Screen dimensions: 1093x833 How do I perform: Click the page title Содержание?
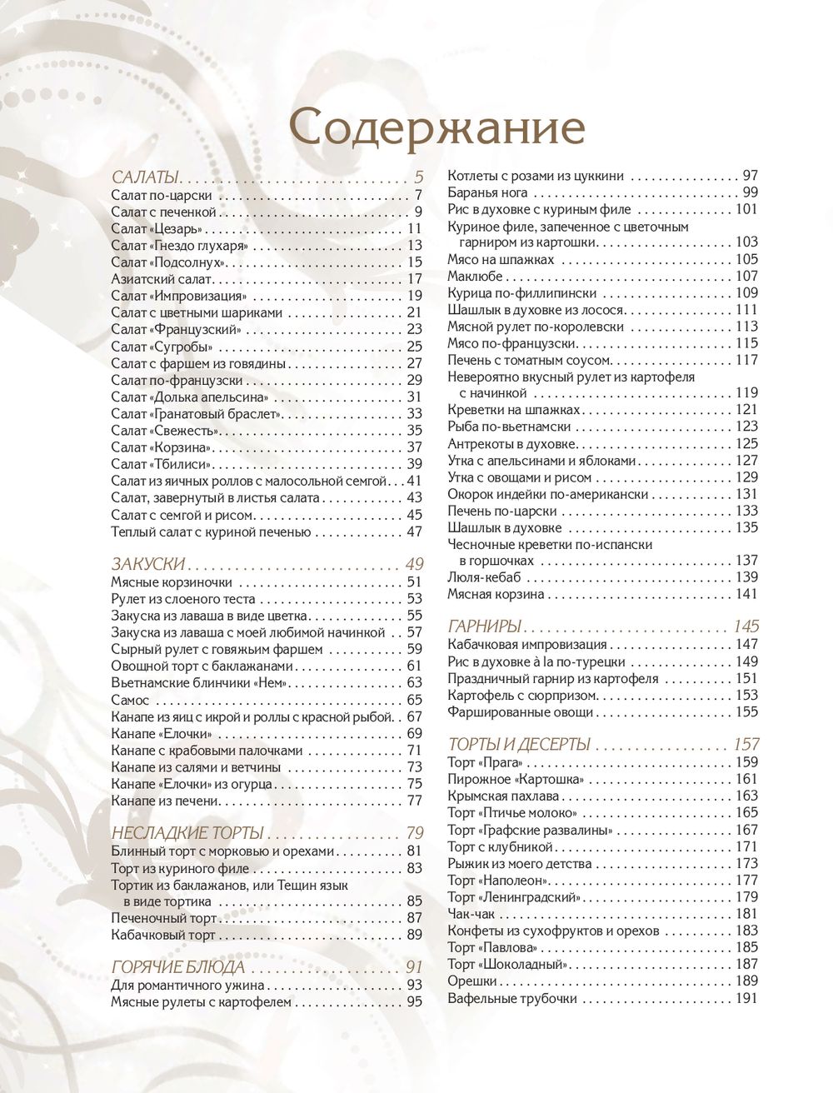click(438, 129)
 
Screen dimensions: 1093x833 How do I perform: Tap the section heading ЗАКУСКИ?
click(148, 564)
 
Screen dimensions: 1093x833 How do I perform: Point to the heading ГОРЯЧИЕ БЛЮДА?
click(178, 967)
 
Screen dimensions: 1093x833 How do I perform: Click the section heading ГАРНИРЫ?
click(485, 626)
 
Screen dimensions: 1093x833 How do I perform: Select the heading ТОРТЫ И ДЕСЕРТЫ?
click(519, 744)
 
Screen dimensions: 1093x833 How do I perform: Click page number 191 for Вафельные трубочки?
click(746, 998)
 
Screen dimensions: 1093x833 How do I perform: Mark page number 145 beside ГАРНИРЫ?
click(746, 626)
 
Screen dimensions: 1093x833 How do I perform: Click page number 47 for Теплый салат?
click(414, 532)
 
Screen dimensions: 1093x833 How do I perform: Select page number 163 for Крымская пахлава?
click(746, 796)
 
